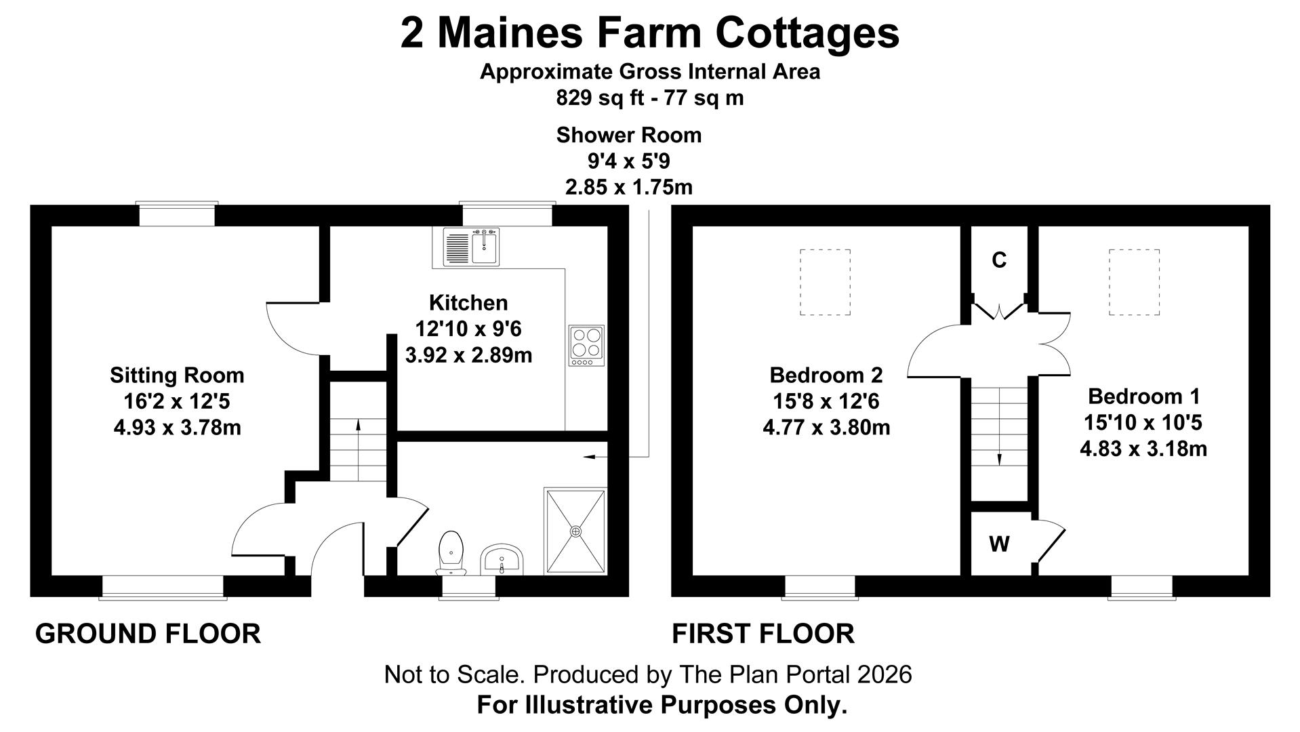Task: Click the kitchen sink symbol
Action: [471, 247]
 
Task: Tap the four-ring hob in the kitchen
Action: [586, 346]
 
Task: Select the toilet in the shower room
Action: [451, 550]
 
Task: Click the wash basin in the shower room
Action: [502, 560]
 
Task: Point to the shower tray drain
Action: [576, 531]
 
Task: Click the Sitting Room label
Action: [177, 375]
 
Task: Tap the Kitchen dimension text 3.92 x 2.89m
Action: [468, 354]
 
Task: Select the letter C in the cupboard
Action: [999, 260]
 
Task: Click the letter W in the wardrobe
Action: [999, 544]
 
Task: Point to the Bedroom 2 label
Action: [826, 375]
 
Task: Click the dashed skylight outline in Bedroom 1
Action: [1134, 282]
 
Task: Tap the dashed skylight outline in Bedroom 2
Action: [825, 282]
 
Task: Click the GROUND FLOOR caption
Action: [148, 634]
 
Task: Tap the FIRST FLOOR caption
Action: [763, 634]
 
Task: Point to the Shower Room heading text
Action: [628, 135]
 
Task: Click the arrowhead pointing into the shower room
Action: [588, 457]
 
